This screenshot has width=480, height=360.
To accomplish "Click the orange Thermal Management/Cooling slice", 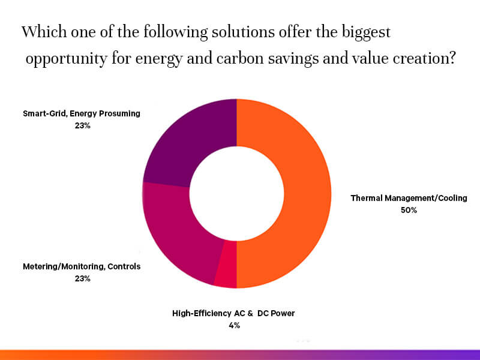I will pyautogui.click(x=306, y=192).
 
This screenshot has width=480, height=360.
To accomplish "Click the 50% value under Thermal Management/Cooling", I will pyautogui.click(x=409, y=210).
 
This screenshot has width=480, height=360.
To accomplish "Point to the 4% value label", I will pyautogui.click(x=234, y=325).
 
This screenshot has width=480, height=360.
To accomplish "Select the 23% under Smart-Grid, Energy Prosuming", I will pyautogui.click(x=82, y=126).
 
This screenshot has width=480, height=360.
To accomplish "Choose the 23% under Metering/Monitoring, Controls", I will pyautogui.click(x=82, y=278).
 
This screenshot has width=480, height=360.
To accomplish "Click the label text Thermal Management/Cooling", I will pyautogui.click(x=409, y=197).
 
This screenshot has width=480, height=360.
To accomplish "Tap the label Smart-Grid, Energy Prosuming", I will pyautogui.click(x=82, y=113).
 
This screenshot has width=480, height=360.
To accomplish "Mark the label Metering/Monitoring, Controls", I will pyautogui.click(x=82, y=266).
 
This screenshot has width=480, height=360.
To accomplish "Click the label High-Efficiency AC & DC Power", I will pyautogui.click(x=234, y=313).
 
